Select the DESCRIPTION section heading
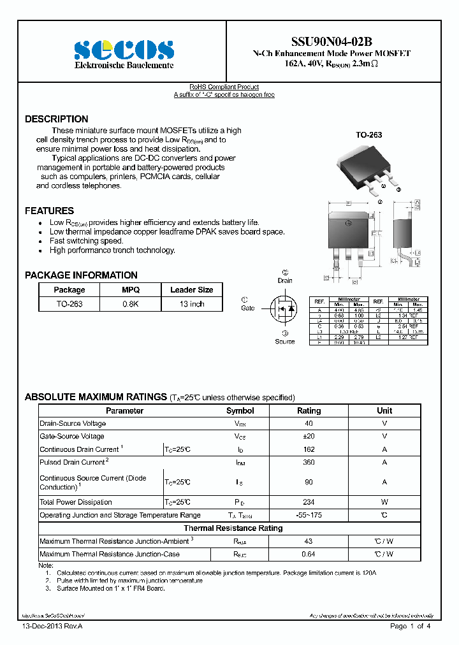pyautogui.click(x=56, y=119)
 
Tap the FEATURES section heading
pyautogui.click(x=49, y=211)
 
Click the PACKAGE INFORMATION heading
pyautogui.click(x=81, y=275)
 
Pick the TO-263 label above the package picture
pyautogui.click(x=368, y=135)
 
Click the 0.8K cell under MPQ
pyautogui.click(x=131, y=304)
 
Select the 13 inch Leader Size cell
pyautogui.click(x=191, y=304)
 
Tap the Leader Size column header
pyautogui.click(x=191, y=290)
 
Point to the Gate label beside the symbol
pyautogui.click(x=248, y=308)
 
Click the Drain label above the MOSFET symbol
pyautogui.click(x=284, y=280)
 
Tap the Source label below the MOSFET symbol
pyautogui.click(x=284, y=341)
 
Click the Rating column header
pyautogui.click(x=309, y=411)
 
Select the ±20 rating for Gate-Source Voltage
pyautogui.click(x=309, y=437)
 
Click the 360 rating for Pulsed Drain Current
pyautogui.click(x=309, y=462)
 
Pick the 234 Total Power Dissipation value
pyautogui.click(x=309, y=502)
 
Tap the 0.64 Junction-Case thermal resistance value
pyautogui.click(x=309, y=554)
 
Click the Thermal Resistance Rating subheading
pyautogui.click(x=233, y=528)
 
